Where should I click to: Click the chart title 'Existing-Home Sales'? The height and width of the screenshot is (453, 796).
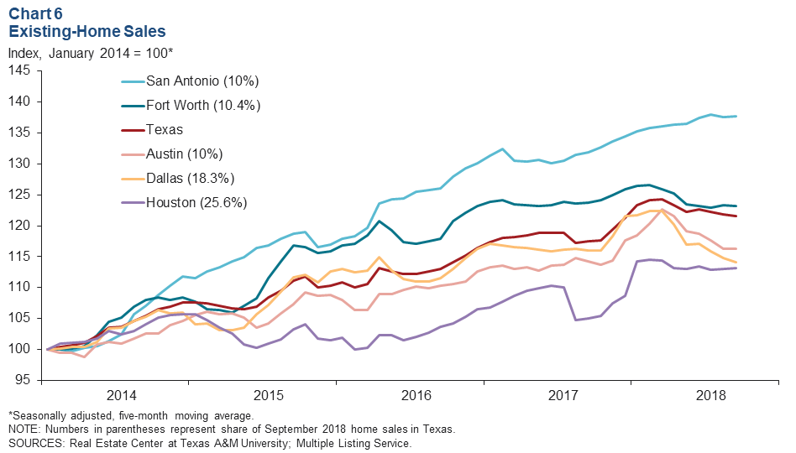pyautogui.click(x=86, y=32)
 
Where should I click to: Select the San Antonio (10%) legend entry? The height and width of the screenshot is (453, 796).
pyautogui.click(x=202, y=81)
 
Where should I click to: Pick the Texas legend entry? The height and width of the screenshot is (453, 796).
pyautogui.click(x=165, y=130)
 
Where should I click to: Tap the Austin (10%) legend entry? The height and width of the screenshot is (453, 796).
pyautogui.click(x=185, y=154)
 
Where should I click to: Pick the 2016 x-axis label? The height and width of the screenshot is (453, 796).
pyautogui.click(x=416, y=395)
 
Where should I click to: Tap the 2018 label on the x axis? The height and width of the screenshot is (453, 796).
pyautogui.click(x=711, y=395)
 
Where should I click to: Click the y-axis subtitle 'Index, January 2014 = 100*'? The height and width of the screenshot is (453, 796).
pyautogui.click(x=91, y=53)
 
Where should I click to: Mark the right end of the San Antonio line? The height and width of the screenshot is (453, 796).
pyautogui.click(x=738, y=117)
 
